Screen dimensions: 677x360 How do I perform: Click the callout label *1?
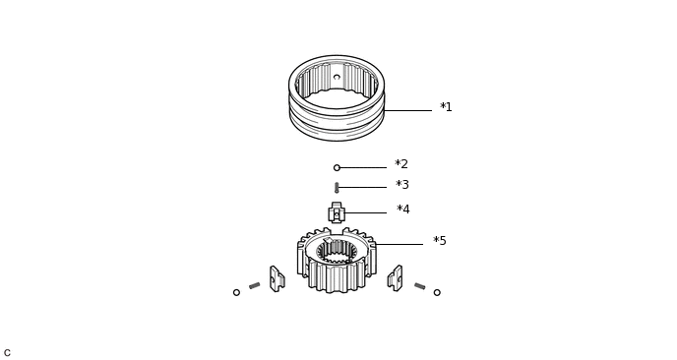point(446,106)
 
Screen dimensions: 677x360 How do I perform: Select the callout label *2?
point(401,164)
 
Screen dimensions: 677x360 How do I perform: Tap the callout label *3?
point(401,185)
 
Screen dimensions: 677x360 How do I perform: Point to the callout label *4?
point(402,210)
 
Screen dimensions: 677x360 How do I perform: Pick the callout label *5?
point(440,241)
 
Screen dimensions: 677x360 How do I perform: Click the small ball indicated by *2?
point(337,168)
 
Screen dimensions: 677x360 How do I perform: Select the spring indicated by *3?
point(337,187)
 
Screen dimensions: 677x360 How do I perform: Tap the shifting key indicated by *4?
point(337,212)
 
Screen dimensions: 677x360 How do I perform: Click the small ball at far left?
point(236,293)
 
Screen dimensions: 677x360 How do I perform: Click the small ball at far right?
point(437,293)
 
